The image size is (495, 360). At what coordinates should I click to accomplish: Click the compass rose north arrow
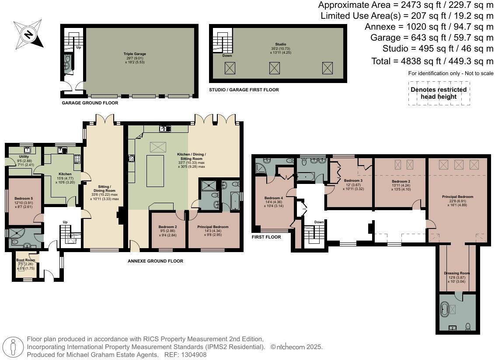[29, 34]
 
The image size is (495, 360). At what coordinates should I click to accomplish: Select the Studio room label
[280, 45]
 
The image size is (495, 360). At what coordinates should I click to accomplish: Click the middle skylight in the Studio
[275, 68]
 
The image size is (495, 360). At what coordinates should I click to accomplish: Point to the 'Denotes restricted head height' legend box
[439, 93]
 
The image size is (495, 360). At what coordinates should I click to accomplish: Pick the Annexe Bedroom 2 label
[167, 227]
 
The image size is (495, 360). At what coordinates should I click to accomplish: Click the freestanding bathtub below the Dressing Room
[445, 310]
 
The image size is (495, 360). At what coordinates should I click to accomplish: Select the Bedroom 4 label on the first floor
[274, 198]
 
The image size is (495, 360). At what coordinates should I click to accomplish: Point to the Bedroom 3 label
[353, 180]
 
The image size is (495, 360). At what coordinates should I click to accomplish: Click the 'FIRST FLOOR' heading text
[266, 237]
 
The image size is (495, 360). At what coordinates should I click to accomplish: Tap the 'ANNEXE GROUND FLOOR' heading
[155, 261]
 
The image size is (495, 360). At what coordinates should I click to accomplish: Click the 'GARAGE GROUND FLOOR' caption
[90, 103]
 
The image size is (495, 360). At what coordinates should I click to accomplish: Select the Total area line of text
[432, 61]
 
